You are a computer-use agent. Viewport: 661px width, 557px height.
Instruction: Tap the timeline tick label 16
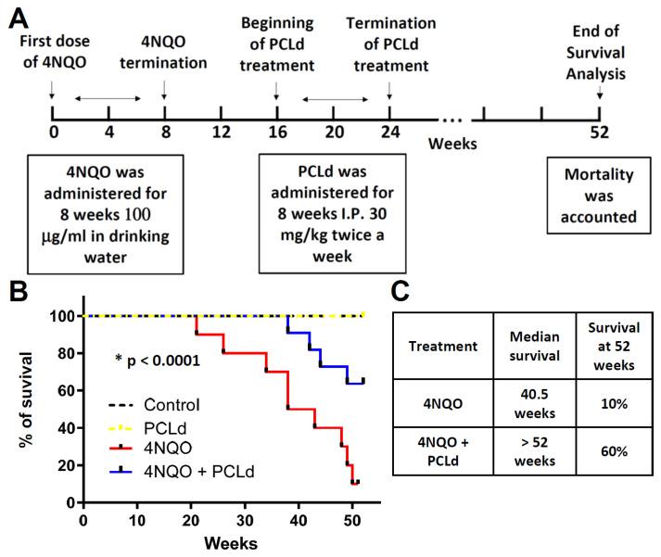click(276, 131)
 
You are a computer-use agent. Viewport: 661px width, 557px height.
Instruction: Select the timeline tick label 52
click(600, 131)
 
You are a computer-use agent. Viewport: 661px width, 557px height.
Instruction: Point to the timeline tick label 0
click(53, 131)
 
